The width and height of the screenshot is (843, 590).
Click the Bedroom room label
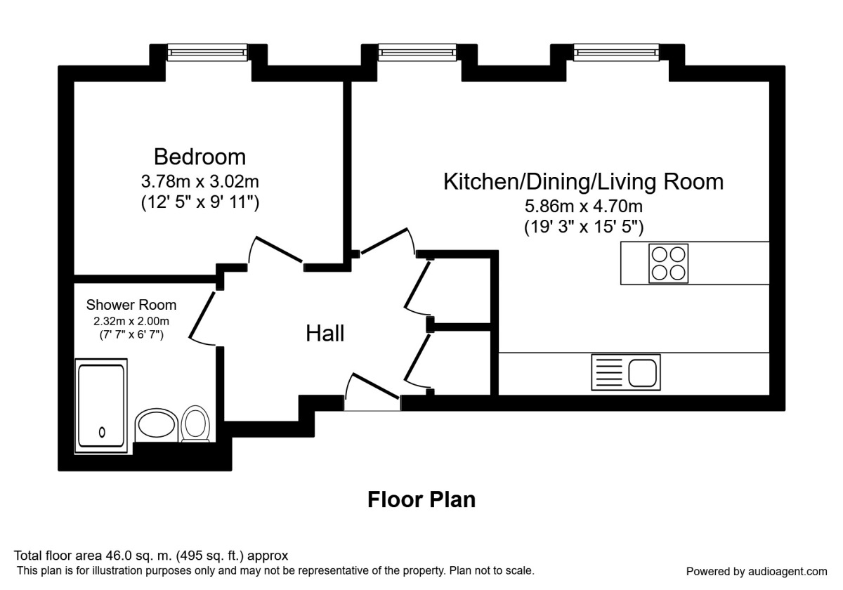tap(200, 157)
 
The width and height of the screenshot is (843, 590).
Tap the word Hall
tap(325, 334)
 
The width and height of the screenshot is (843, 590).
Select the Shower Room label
tap(131, 305)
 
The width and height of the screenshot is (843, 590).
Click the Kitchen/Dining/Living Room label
tap(583, 181)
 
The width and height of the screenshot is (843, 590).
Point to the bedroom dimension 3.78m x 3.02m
tap(200, 182)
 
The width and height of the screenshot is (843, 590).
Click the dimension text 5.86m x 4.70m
tap(584, 206)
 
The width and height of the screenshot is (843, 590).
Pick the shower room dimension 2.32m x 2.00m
tap(131, 322)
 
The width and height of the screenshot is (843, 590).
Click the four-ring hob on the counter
tap(668, 263)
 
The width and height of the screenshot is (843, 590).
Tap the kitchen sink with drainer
tap(626, 372)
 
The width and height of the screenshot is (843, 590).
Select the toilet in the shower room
tap(195, 424)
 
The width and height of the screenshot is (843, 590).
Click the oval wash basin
tap(156, 425)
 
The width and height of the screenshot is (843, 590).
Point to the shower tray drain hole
tap(102, 433)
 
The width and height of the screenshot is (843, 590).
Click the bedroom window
tap(207, 52)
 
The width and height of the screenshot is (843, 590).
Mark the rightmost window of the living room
tap(617, 52)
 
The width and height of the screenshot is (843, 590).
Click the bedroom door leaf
tap(279, 249)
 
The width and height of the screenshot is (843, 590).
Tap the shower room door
tap(202, 315)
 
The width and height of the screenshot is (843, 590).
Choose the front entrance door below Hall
tap(376, 386)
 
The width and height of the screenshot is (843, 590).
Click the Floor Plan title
tap(421, 499)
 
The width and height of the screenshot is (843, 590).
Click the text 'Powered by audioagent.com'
tap(757, 572)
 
